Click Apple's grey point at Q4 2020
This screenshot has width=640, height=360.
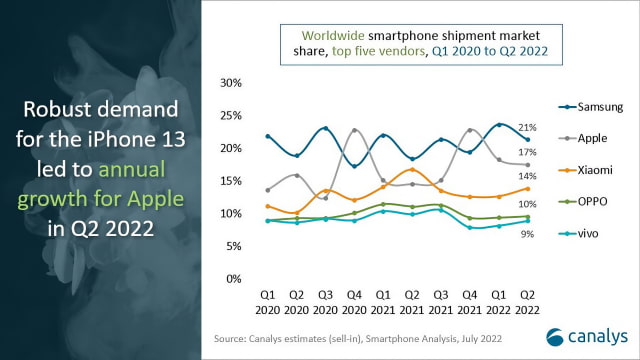[x=354, y=130]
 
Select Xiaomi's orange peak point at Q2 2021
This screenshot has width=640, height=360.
[x=412, y=170]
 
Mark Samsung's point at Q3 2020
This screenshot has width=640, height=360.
[x=325, y=129]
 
